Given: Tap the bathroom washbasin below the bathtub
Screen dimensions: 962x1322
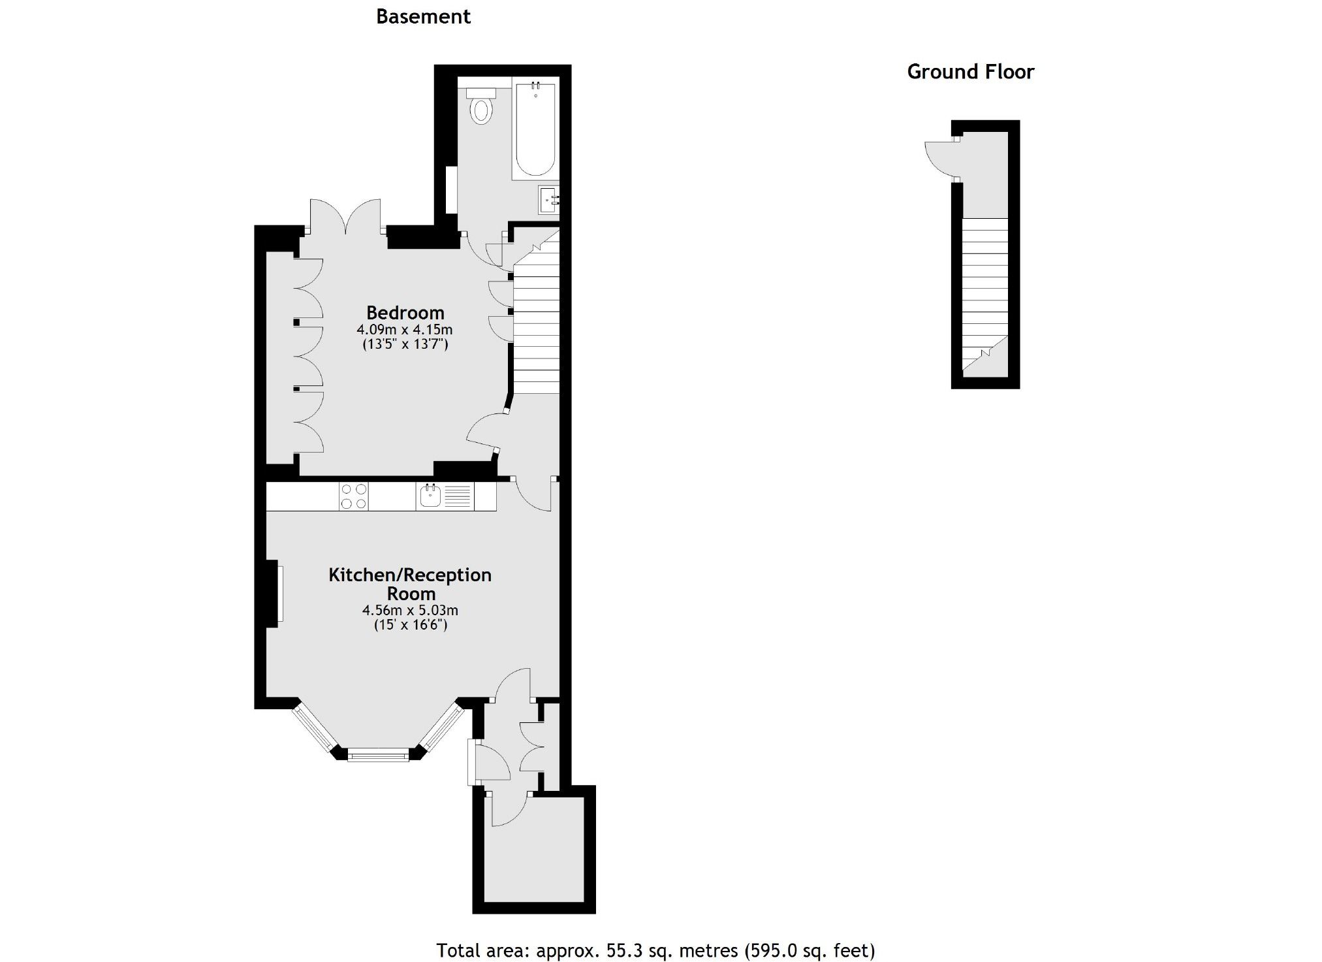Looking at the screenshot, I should (x=548, y=199).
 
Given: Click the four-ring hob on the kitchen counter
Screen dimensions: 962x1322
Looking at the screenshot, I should (x=353, y=496).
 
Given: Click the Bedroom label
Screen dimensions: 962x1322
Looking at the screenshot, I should (x=405, y=312).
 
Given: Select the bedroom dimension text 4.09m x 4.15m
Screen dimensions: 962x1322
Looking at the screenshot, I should (x=405, y=329).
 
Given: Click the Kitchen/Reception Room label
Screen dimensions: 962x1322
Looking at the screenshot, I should (x=410, y=584).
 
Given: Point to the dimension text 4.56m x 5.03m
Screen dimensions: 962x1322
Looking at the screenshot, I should (x=410, y=611).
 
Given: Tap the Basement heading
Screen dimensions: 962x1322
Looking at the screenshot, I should (x=423, y=16).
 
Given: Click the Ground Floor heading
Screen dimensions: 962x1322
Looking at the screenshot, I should (x=970, y=72).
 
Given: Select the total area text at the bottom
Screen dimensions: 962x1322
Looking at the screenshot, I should (x=655, y=950).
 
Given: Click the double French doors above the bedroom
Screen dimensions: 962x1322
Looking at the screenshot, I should (x=345, y=217).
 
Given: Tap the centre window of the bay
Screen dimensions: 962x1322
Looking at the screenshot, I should (x=378, y=756).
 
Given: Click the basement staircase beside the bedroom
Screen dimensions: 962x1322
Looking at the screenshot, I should (x=537, y=320).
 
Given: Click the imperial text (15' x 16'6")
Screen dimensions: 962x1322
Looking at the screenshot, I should (x=410, y=625).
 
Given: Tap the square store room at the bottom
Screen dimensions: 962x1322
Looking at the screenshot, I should (x=533, y=849).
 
